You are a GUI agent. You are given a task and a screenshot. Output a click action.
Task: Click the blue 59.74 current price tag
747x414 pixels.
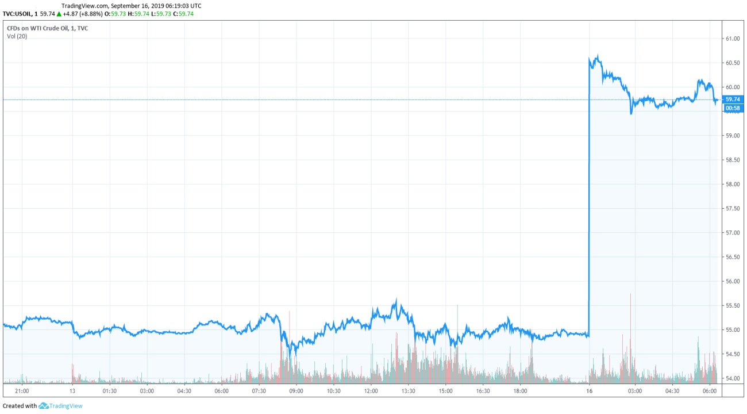pos(734,99)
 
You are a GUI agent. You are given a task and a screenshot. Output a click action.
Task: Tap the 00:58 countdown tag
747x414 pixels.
pos(734,108)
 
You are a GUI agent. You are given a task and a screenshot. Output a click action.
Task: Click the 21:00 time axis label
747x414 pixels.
pos(22,391)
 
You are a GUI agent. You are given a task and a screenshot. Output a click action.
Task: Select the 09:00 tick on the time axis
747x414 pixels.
pos(296,391)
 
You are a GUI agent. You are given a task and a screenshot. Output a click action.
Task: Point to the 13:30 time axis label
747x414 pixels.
pos(408,391)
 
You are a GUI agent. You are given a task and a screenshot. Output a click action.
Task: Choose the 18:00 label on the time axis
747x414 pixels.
pos(520,391)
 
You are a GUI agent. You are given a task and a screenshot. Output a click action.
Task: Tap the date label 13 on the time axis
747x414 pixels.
pos(72,391)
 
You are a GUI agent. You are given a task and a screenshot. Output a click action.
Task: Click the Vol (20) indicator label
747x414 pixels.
pos(17,36)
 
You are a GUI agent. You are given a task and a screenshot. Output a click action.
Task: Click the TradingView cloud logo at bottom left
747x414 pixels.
pos(43,406)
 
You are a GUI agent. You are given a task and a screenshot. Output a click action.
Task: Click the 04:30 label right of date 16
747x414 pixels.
pos(672,391)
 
